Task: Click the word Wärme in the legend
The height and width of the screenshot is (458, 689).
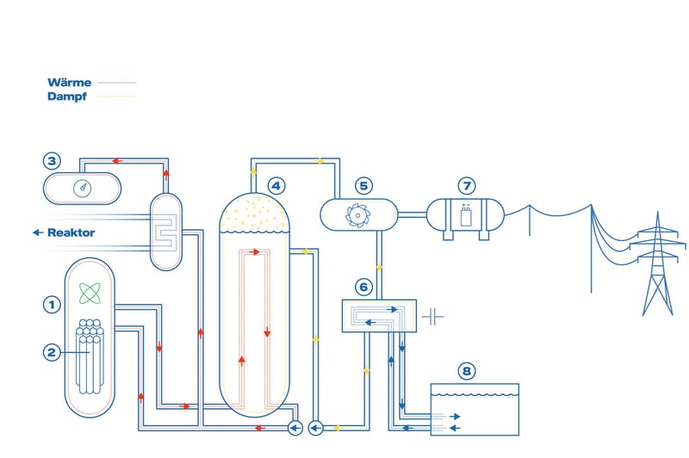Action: click(70, 83)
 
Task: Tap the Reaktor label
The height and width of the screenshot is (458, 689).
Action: click(71, 232)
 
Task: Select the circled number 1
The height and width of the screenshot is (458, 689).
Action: click(53, 304)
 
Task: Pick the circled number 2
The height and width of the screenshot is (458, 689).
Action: click(53, 351)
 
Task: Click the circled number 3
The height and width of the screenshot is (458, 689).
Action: click(53, 161)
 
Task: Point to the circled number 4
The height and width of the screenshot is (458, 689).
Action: click(276, 184)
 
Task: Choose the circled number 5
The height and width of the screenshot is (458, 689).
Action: click(363, 185)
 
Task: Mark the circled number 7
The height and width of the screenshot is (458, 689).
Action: click(466, 185)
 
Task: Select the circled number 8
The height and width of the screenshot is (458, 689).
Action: click(466, 371)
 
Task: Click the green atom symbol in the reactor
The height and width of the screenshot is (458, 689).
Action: click(89, 293)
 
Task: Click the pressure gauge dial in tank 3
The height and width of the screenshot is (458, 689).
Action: click(83, 188)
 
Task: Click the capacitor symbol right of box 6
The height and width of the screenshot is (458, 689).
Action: click(433, 316)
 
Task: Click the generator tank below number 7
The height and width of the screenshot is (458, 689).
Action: click(466, 216)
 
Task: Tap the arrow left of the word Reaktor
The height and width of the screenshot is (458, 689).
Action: click(37, 232)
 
